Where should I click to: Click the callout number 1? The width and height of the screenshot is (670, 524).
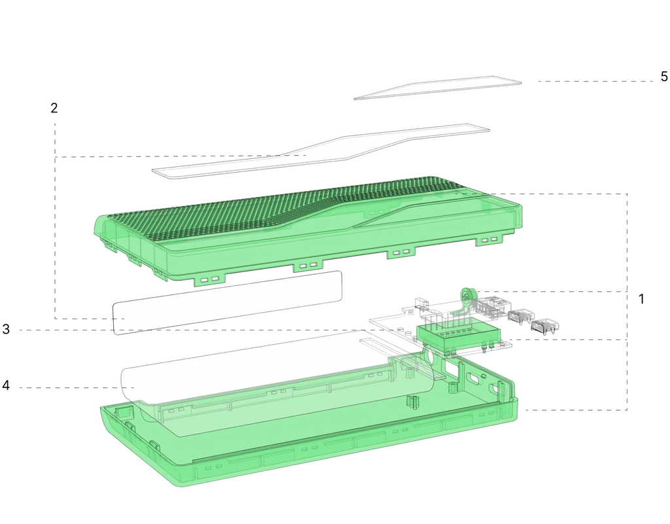coord(641,300)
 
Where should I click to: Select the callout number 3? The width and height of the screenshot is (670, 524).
coord(5,329)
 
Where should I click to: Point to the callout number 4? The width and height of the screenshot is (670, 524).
coord(5,385)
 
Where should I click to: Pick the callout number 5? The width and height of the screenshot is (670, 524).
coord(663,77)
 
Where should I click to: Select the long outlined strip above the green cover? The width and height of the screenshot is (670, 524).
coord(321,152)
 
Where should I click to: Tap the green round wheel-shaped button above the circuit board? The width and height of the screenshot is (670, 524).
coord(467,296)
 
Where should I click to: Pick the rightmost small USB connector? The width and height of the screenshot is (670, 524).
coord(545,326)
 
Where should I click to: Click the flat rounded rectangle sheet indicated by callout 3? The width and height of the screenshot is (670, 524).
coord(228,302)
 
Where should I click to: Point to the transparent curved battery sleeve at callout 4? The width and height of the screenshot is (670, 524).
coord(277,382)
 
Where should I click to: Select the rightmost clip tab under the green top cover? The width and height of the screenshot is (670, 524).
coord(489,241)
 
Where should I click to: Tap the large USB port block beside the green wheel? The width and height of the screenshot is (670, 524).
coord(492,306)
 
